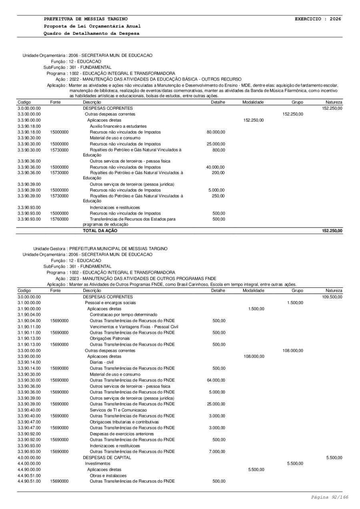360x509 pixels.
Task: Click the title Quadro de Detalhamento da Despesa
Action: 92,33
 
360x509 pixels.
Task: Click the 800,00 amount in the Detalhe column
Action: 219,149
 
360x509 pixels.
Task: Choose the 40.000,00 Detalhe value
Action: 216,167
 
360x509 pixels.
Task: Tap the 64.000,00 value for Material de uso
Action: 216,380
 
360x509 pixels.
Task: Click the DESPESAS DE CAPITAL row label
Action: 107,457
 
